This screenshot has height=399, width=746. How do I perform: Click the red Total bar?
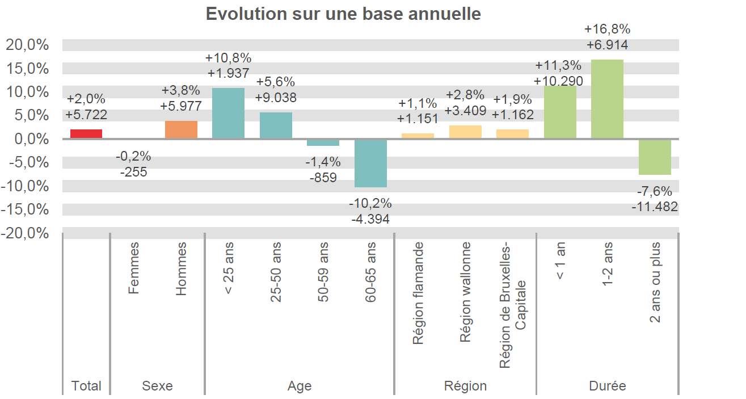pos(86,134)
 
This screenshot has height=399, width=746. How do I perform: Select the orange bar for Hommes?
pos(181,130)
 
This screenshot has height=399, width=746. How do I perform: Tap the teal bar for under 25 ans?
pos(228,114)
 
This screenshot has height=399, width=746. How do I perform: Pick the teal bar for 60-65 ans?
pos(370,163)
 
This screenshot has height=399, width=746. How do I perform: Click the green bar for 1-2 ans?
pos(607,99)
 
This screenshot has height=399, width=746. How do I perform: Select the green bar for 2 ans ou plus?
pos(655,157)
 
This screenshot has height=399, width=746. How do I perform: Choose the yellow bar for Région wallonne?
pos(465,132)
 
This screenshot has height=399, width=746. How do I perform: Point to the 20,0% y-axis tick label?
pos(27,45)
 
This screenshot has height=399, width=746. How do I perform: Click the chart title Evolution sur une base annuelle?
pos(343,14)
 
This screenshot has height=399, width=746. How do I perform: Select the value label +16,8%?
pos(607,29)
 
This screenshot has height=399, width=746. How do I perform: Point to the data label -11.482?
pos(655,207)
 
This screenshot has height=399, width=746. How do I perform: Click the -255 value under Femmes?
pos(133,172)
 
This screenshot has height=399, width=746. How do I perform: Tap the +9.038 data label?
pos(276,98)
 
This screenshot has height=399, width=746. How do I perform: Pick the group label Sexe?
pos(157,386)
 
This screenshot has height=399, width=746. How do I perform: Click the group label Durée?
pos(607,386)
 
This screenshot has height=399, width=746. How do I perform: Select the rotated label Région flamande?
pos(418,293)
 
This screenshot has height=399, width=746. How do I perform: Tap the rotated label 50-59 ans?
pos(323,272)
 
